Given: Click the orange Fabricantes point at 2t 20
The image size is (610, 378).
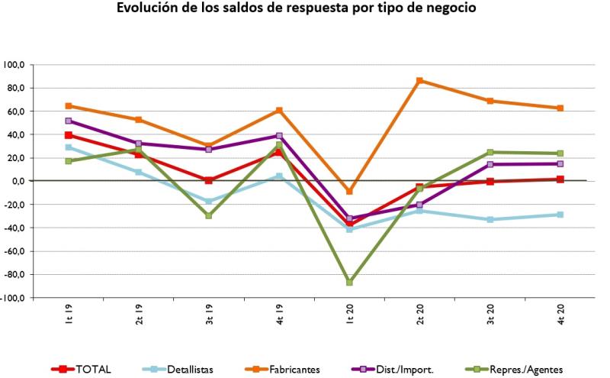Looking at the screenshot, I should click(x=419, y=80).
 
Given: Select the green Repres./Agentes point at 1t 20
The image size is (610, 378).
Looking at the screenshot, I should click(x=349, y=282).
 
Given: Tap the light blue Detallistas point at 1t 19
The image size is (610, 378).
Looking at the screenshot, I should click(x=69, y=147).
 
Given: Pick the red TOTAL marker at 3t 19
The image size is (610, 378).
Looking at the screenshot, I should click(x=209, y=180).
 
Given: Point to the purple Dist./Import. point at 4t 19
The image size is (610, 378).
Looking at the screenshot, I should click(x=279, y=136).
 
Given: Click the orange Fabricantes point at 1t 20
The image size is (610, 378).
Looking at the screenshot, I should click(x=349, y=191).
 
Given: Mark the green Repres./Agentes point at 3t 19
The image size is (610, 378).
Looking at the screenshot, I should click(x=209, y=215).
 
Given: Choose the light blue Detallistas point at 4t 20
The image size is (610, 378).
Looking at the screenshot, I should click(x=560, y=215).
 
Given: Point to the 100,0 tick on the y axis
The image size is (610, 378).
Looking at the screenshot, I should click(x=14, y=65).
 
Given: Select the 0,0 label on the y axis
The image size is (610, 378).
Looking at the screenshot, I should click(x=18, y=181).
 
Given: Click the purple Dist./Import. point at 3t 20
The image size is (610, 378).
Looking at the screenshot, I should click(x=490, y=164).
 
